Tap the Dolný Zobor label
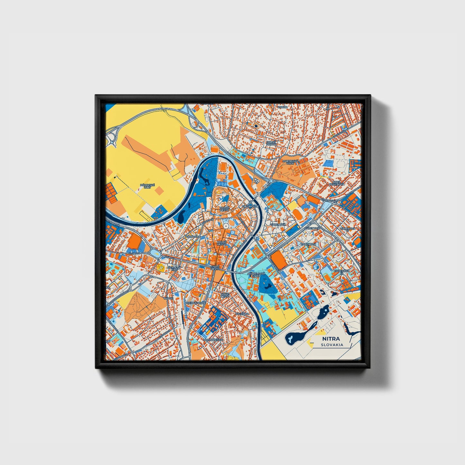tap(271, 143)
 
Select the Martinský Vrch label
tap(290, 162)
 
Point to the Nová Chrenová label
tap(337, 183)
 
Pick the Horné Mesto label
tap(224, 209)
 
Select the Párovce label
tap(191, 237)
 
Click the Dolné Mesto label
tap(222, 243)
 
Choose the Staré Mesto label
tap(215, 268)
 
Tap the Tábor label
tap(168, 298)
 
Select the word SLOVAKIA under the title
tap(331, 345)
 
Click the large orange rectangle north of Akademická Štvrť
tap(279, 260)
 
